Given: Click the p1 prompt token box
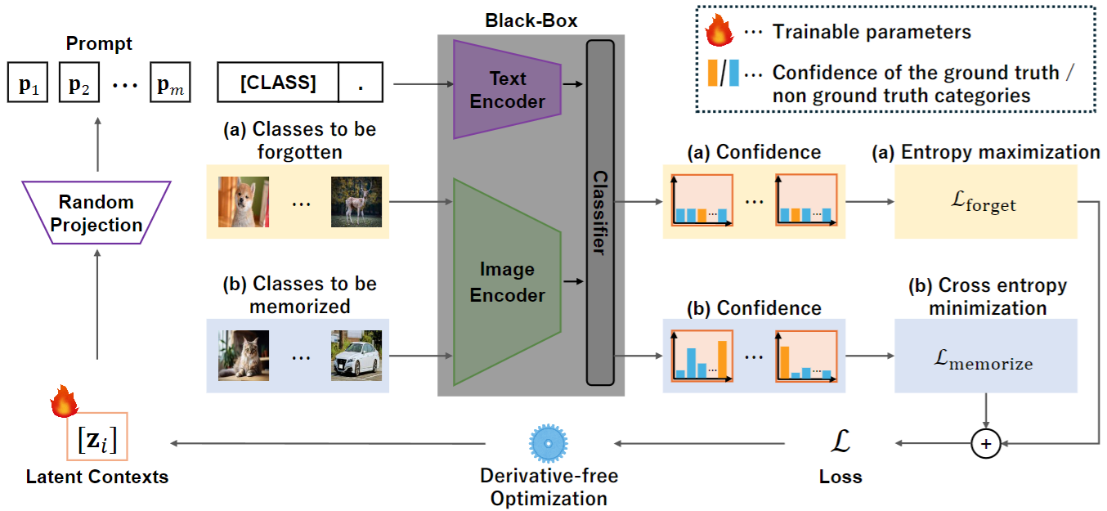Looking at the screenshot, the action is [28, 82].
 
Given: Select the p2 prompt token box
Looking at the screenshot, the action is [79, 82].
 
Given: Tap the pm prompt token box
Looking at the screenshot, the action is [171, 82].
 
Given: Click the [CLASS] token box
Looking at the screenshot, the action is [278, 82].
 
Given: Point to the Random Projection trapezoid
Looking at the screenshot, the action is [96, 213].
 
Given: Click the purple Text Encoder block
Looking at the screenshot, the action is [507, 89].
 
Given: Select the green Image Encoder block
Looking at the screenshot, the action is [507, 282].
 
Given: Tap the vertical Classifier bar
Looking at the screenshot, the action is [600, 213].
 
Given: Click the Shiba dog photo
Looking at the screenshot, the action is [244, 202].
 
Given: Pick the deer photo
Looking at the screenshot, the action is [356, 202].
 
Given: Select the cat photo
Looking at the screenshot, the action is [244, 356].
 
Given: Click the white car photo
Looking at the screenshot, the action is [356, 356].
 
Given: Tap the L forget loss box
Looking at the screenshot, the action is [986, 202].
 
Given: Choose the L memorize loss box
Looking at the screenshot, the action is [986, 356].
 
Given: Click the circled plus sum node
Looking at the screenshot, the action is [986, 444].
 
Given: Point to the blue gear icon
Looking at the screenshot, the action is [548, 443].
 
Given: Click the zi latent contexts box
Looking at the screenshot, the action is [96, 437].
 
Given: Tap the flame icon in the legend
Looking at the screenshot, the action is [719, 30].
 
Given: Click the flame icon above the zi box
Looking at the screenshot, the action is [65, 401].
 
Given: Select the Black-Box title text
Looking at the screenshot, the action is [531, 20].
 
